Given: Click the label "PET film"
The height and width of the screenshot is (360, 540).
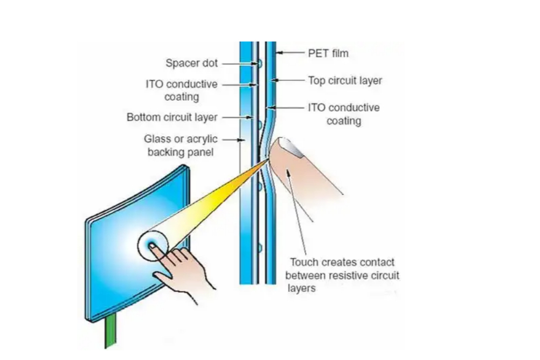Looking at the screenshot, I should point(328,53).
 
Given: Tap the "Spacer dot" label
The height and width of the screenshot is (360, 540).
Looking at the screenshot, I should point(191,63).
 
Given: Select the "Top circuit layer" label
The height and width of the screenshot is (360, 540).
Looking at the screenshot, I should point(345,81).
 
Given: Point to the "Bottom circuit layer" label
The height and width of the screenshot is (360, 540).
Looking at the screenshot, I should point(172,117).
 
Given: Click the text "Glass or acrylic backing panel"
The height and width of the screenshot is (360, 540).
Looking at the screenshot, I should point(181,146).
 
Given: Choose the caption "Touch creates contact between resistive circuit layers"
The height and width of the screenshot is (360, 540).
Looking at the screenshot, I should point(342,275).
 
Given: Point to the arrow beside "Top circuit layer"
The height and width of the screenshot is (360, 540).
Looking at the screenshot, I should point(288,81).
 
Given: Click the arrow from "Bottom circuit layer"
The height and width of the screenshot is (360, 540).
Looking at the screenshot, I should point(237,117).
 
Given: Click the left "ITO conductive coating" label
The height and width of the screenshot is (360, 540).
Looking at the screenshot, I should point(182,91).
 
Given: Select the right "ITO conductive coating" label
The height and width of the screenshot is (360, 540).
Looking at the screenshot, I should point(343,114).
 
